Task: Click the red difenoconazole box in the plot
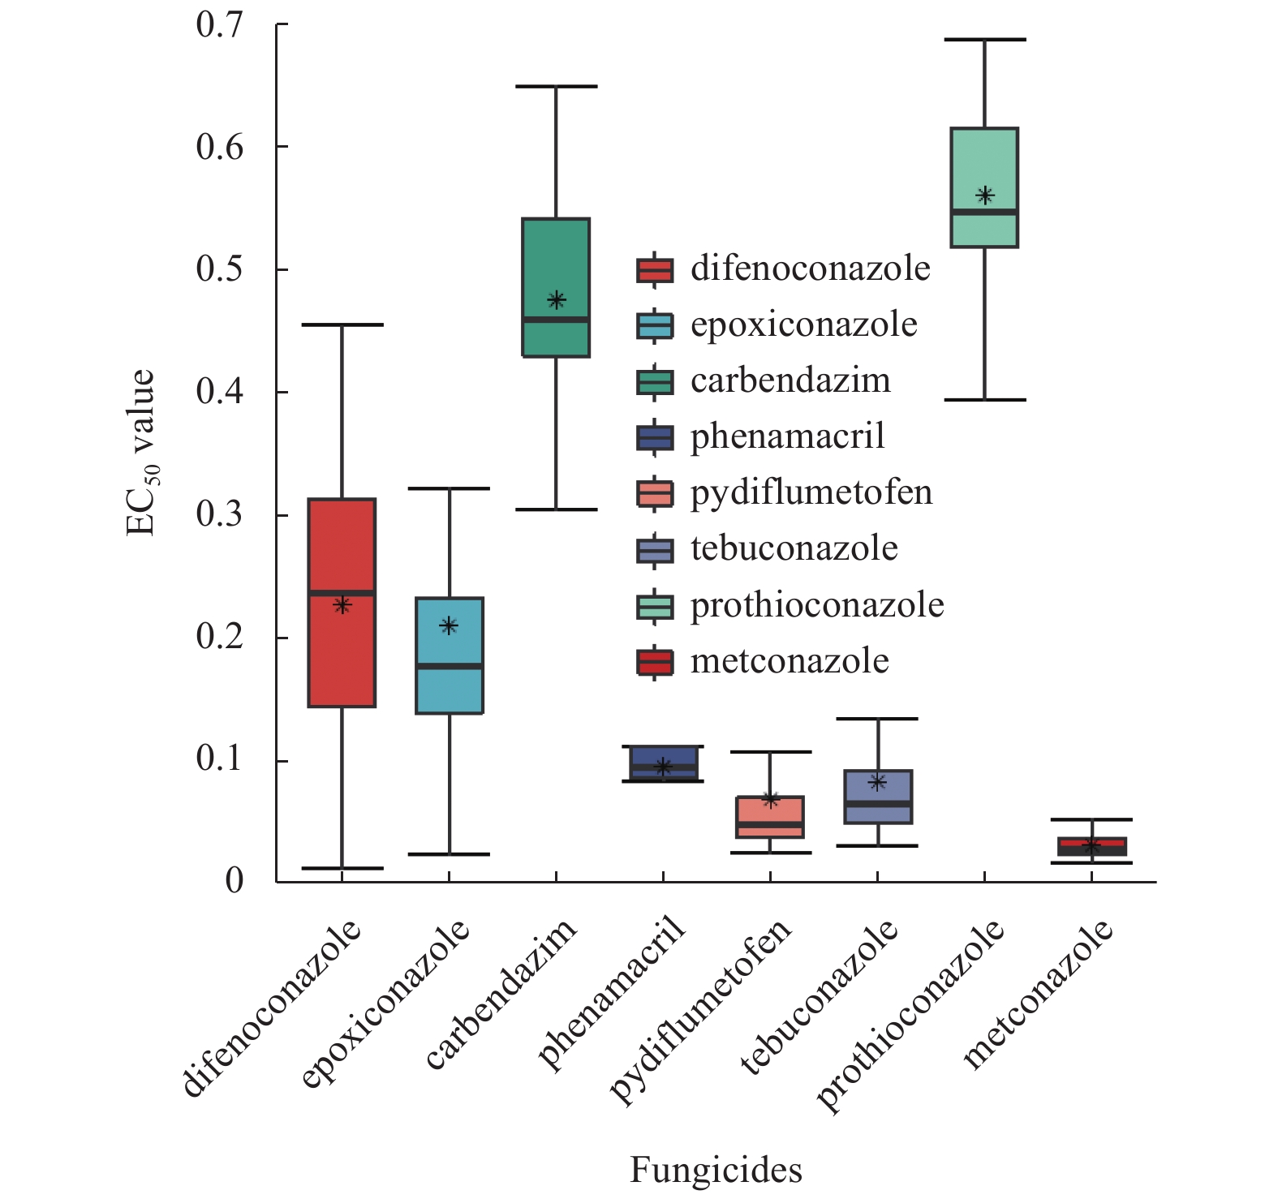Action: pos(342,552)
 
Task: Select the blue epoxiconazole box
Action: pos(449,690)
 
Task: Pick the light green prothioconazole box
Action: pos(984,162)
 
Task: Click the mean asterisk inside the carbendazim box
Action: pos(556,301)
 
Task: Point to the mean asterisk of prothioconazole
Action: pos(985,196)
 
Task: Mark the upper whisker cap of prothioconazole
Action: pos(985,39)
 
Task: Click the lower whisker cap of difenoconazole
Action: pos(342,868)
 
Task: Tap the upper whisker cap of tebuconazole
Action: pos(878,719)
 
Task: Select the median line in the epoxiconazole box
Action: pos(449,666)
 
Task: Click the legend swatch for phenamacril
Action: pos(654,437)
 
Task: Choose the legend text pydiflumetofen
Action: pos(811,493)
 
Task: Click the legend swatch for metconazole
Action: pos(654,662)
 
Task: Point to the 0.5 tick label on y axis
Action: pos(219,269)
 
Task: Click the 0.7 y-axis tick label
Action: pos(219,25)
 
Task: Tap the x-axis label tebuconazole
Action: pos(820,998)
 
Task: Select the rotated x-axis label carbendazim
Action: pos(501,993)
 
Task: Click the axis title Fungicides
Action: pos(716,1171)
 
